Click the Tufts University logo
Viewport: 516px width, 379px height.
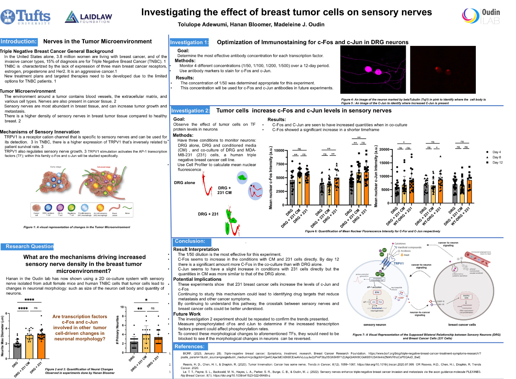(x=26, y=16)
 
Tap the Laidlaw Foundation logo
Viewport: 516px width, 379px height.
(x=89, y=17)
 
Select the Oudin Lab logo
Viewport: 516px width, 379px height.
(x=481, y=16)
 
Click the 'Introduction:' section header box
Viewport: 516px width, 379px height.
(x=18, y=42)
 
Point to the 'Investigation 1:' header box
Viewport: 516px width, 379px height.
(x=189, y=42)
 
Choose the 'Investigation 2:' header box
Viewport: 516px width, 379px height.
(x=190, y=111)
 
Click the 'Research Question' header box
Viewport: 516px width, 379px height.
(x=30, y=246)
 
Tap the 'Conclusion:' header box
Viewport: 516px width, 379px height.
(x=190, y=241)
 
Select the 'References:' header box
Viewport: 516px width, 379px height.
(x=189, y=346)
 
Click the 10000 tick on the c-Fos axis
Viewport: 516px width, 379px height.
(x=279, y=151)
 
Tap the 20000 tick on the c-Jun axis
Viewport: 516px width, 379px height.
(x=384, y=149)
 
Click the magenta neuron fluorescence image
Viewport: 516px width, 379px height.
(x=373, y=69)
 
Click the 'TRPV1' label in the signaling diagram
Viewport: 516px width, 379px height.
(x=399, y=264)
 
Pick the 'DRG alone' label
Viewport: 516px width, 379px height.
(x=185, y=183)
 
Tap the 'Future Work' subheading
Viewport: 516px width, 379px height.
(x=187, y=314)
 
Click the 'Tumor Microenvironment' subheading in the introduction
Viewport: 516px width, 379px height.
(x=28, y=91)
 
